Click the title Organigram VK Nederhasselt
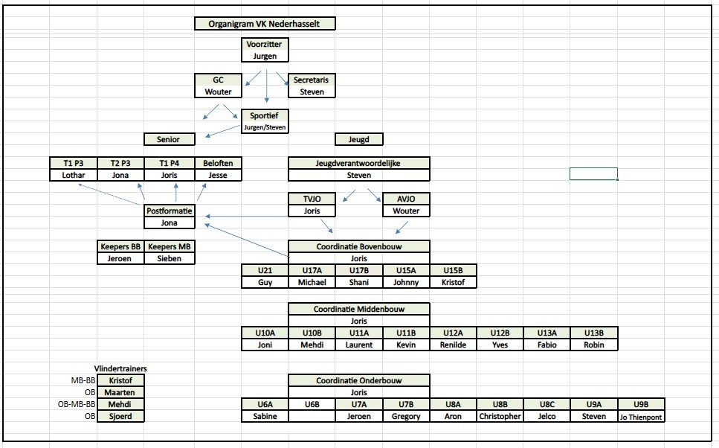(x=265, y=24)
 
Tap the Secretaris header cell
(x=312, y=80)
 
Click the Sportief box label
(x=265, y=116)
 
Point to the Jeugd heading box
(x=358, y=139)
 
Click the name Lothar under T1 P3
(x=74, y=176)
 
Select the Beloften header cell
(x=219, y=164)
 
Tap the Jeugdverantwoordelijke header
(x=358, y=164)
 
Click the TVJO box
(x=312, y=199)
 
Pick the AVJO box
(x=405, y=199)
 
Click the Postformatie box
(x=170, y=211)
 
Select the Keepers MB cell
(x=170, y=247)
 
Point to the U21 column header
(x=265, y=270)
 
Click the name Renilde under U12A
(x=453, y=345)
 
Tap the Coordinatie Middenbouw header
(x=358, y=309)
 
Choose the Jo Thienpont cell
(x=641, y=417)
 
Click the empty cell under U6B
(x=312, y=417)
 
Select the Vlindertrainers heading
(x=120, y=368)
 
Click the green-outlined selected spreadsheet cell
(x=593, y=174)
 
